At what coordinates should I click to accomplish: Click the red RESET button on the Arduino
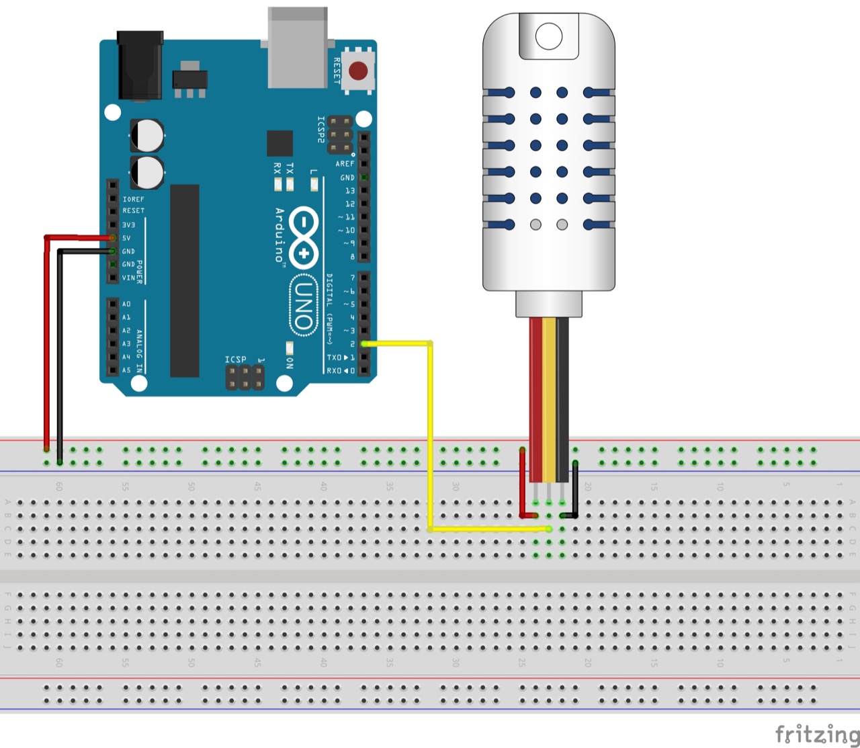click(x=358, y=70)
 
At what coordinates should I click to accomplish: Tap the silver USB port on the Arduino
click(x=298, y=47)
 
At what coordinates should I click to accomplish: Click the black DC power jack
click(x=140, y=65)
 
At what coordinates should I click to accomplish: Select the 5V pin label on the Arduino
click(x=127, y=238)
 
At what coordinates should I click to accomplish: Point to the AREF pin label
click(x=345, y=164)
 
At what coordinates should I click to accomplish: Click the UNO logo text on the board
click(x=304, y=306)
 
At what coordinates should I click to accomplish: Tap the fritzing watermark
click(x=816, y=733)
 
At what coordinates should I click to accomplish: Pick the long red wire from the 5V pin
click(x=46, y=343)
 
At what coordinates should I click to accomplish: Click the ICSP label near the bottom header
click(x=235, y=360)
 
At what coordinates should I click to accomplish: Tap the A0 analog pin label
click(x=126, y=304)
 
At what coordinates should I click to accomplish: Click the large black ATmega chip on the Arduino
click(x=185, y=280)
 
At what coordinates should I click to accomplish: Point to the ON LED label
click(x=290, y=363)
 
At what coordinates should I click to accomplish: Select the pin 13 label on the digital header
click(x=349, y=191)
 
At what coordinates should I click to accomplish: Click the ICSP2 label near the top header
click(x=321, y=130)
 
